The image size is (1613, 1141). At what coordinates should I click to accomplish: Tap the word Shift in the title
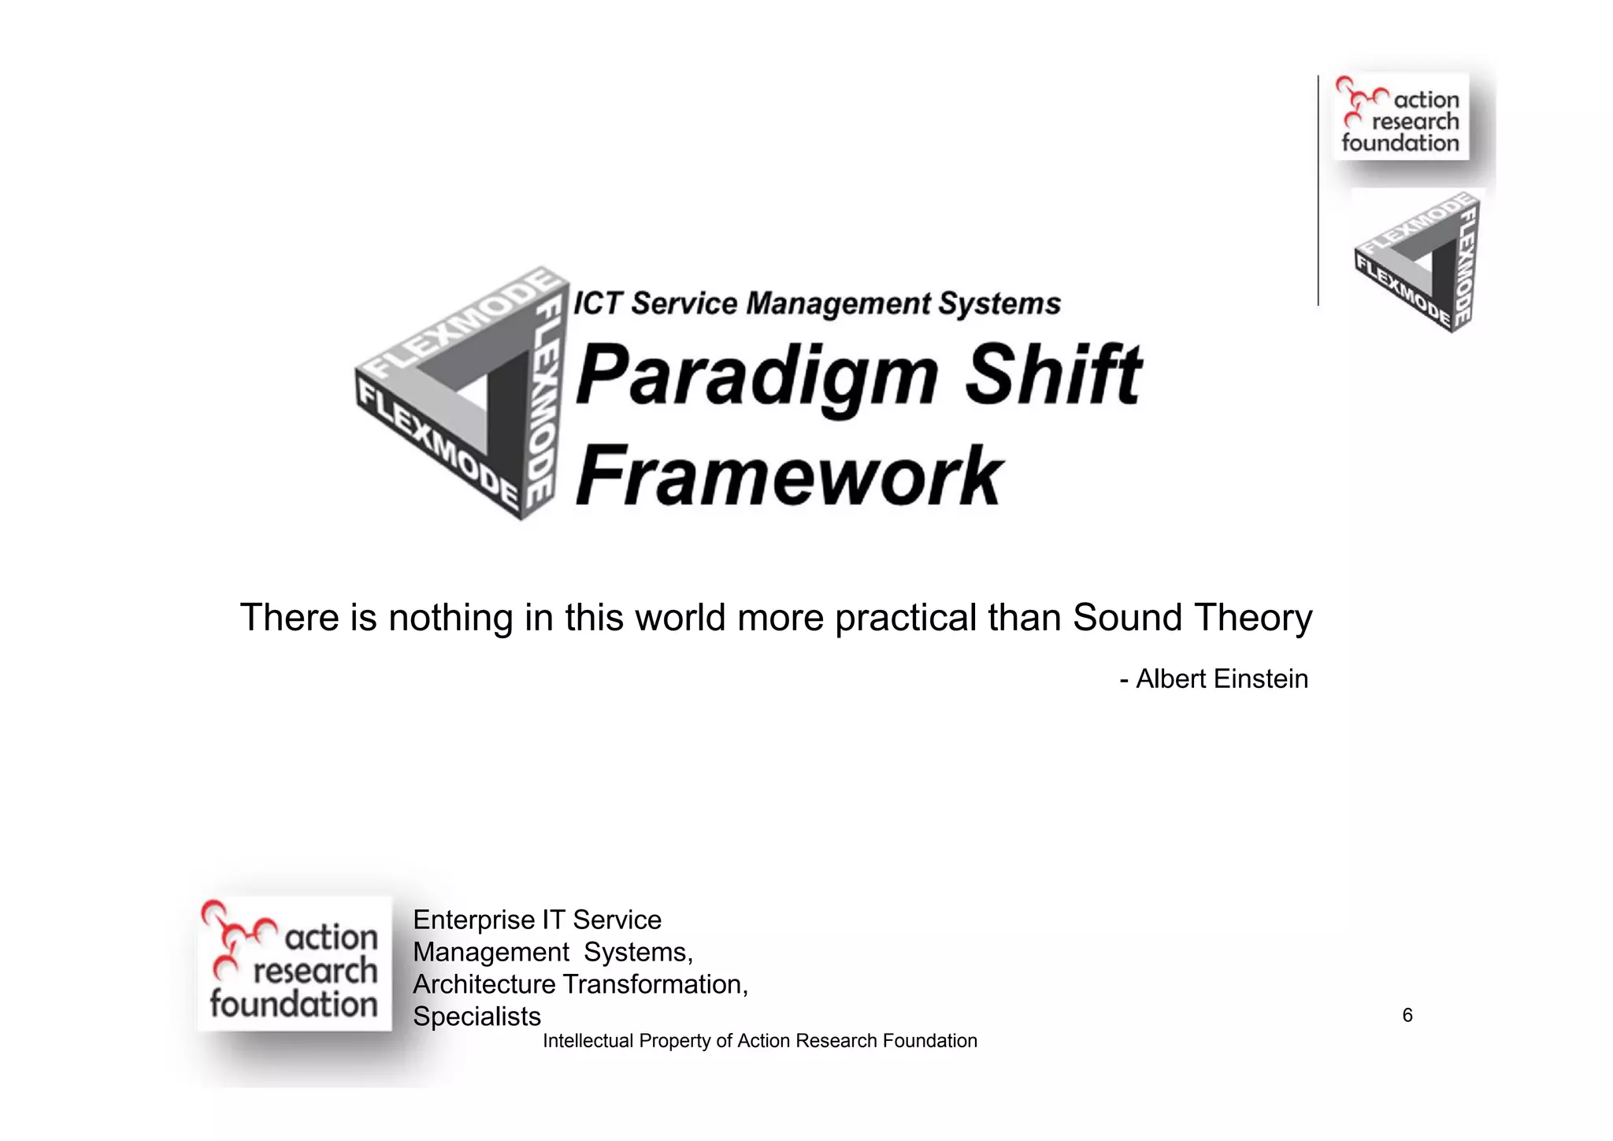pos(1052,374)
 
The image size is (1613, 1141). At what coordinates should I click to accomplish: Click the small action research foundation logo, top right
pos(1400,117)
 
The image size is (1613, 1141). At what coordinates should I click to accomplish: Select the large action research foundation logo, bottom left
pos(294,963)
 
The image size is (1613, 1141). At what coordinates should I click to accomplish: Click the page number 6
pos(1407,1015)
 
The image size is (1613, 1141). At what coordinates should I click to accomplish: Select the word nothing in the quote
pos(451,619)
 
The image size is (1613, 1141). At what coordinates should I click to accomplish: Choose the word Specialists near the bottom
pos(476,1016)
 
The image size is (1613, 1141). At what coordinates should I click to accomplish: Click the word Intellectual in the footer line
pos(588,1041)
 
